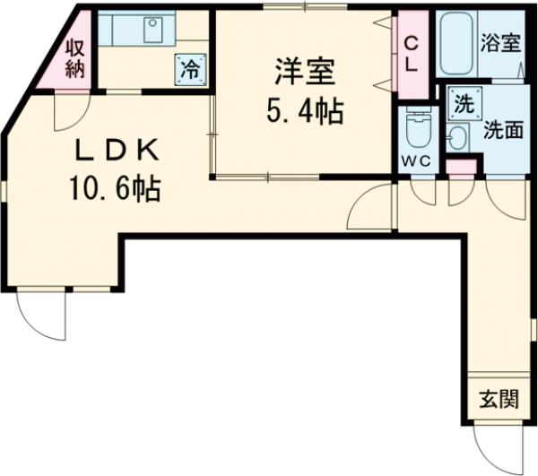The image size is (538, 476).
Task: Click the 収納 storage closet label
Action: pos(74,56)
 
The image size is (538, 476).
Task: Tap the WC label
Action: pos(417,161)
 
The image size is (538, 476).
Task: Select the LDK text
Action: pos(117,147)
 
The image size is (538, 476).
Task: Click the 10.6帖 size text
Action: pos(116,187)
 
